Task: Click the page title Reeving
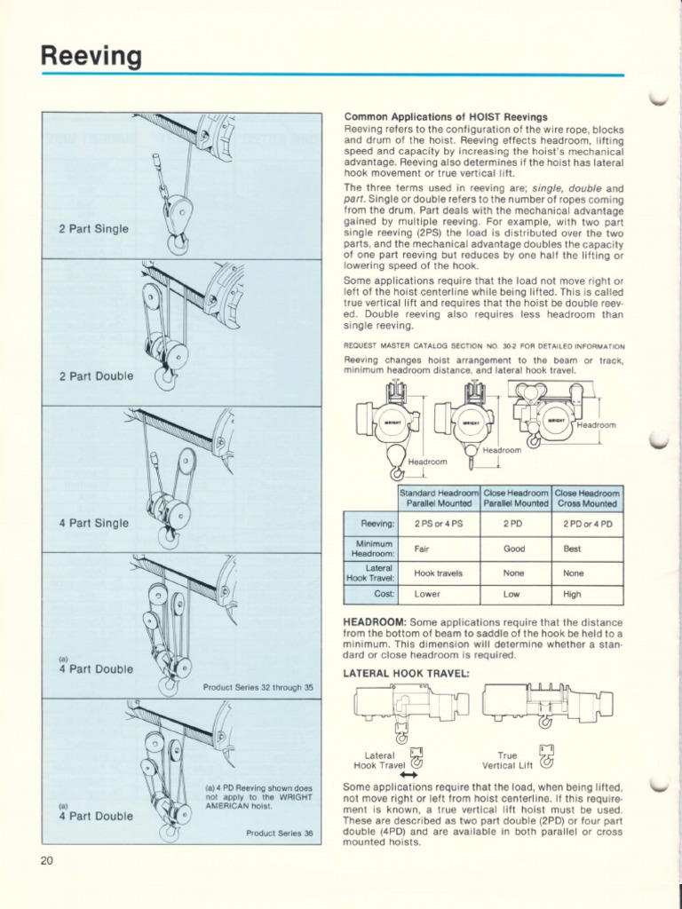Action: [x=91, y=56]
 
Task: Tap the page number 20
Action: [x=47, y=858]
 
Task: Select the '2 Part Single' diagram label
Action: [x=93, y=229]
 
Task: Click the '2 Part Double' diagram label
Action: [x=96, y=375]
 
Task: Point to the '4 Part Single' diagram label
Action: [x=93, y=523]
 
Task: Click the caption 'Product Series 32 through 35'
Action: [x=258, y=686]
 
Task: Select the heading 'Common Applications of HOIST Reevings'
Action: [x=445, y=117]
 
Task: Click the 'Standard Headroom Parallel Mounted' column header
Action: [x=439, y=498]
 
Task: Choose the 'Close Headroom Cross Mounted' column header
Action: [x=587, y=498]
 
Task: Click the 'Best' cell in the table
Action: [x=572, y=549]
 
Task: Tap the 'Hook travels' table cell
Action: [x=438, y=573]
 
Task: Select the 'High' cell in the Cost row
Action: [x=572, y=594]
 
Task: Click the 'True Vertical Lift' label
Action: [x=506, y=759]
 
